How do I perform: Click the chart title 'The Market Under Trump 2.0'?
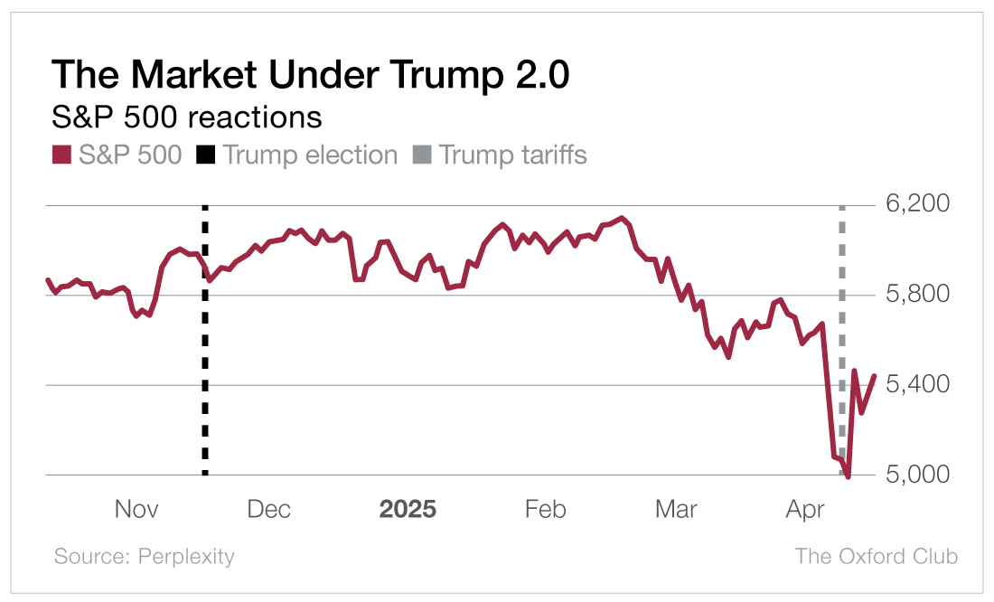(310, 75)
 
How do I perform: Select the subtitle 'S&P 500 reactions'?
(187, 118)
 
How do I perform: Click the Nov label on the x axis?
(136, 510)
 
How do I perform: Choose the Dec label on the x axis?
(269, 510)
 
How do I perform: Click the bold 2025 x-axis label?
(408, 510)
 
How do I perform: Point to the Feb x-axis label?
(545, 510)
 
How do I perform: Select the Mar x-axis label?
(676, 510)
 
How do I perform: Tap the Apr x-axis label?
(805, 510)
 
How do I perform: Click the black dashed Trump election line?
(204, 362)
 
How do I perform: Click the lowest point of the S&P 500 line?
(848, 476)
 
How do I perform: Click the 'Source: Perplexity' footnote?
(144, 557)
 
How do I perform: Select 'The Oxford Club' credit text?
(876, 557)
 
